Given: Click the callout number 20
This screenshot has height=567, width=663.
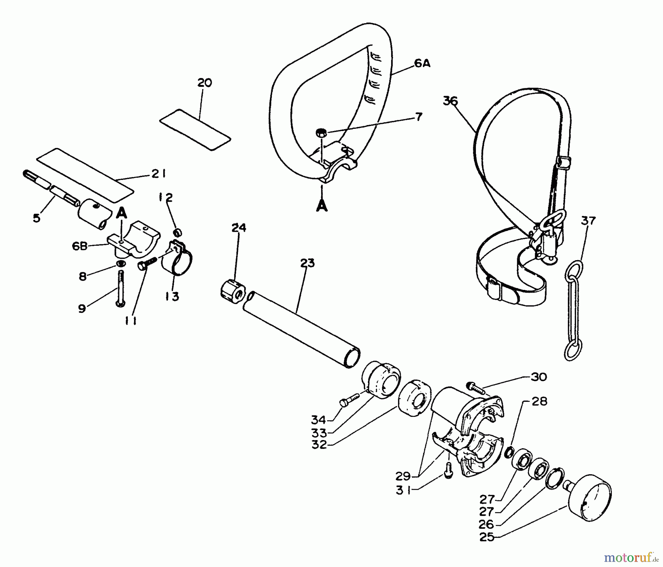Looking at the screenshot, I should (204, 83).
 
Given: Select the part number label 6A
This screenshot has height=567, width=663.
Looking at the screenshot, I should (422, 63).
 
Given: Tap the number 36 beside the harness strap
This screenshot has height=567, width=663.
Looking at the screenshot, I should (450, 101).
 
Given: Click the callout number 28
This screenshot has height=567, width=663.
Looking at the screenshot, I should (539, 401).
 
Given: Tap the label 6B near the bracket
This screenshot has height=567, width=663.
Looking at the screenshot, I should (80, 246).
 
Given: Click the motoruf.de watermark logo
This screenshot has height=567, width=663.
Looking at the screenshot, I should (631, 558).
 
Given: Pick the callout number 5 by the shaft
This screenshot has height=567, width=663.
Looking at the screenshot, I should (36, 218).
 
